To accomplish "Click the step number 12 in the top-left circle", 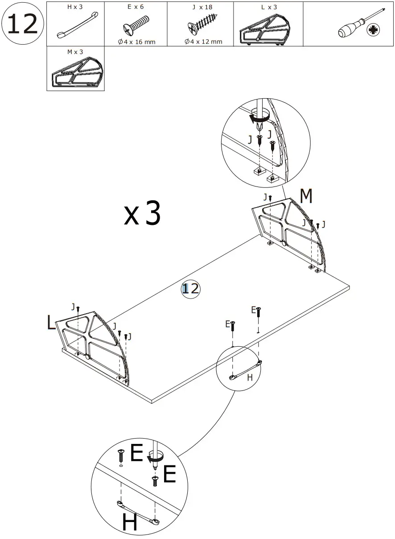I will (x=22, y=24).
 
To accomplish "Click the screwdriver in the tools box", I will (x=355, y=27).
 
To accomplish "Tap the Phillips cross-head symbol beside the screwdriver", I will (x=373, y=30).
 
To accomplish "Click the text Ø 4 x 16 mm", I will (x=137, y=42).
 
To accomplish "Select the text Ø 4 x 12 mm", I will (x=203, y=42).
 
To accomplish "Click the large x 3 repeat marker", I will (x=143, y=214).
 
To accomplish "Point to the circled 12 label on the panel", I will (x=191, y=289).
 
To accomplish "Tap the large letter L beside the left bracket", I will (x=52, y=323).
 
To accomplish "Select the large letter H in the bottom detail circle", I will (x=130, y=522).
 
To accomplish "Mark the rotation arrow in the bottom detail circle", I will (x=154, y=458).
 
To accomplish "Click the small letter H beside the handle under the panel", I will (x=250, y=377).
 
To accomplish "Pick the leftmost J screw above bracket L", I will (x=78, y=308).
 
